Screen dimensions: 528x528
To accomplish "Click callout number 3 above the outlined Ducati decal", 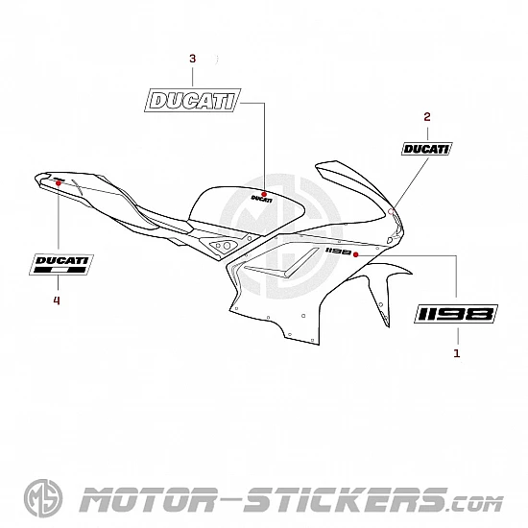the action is point(192,59).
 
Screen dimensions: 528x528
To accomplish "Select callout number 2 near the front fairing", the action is point(427,117).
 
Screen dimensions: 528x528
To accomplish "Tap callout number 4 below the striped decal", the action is point(57,300).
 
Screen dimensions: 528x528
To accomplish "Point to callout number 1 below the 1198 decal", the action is point(457,353).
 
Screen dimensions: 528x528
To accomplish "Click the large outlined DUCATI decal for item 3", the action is point(193,101).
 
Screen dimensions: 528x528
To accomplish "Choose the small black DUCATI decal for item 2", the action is point(426,149).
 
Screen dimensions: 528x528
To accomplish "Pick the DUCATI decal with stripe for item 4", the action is point(61,264).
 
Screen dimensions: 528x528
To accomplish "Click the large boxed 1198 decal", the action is point(456,314).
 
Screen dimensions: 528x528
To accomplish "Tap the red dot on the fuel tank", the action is point(264,194).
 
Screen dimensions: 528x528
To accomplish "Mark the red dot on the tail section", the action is point(59,182).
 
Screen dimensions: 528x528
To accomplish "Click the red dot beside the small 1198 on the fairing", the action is point(355,254).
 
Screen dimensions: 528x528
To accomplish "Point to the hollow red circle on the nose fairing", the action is point(391,211).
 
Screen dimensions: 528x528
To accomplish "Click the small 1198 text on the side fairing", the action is point(338,252).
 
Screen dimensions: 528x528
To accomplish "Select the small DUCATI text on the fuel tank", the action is point(262,199).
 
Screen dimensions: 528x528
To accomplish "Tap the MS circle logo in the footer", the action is point(43,498).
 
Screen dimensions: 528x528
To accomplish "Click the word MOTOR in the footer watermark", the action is point(148,499).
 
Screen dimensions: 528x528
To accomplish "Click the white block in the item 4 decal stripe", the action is point(59,270).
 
